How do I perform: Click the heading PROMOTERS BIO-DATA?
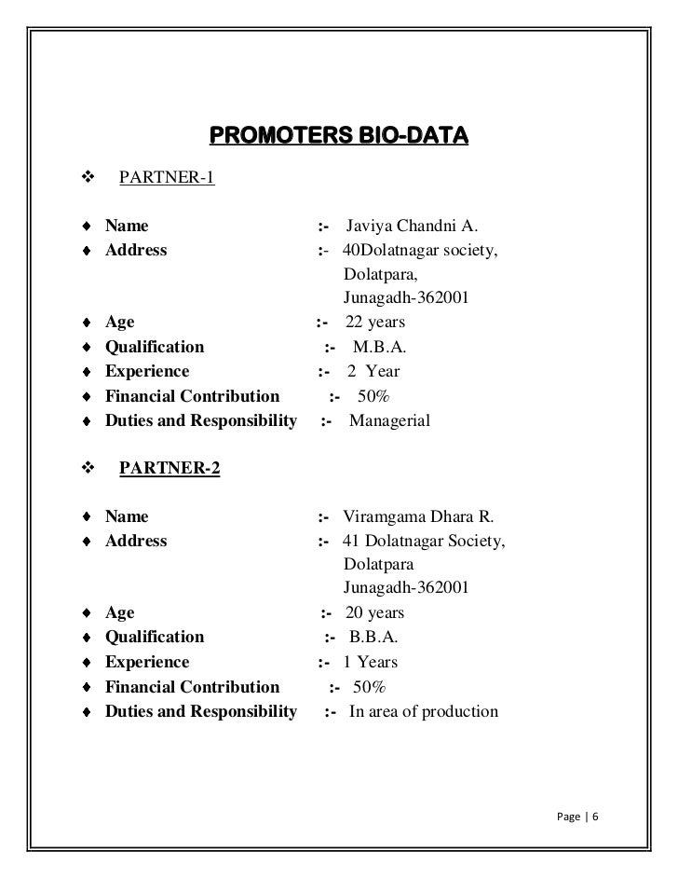click(x=338, y=138)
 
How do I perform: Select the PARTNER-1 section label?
click(x=167, y=177)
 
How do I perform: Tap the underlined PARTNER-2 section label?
click(x=169, y=469)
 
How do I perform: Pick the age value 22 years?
click(x=375, y=323)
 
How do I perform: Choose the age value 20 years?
click(x=374, y=613)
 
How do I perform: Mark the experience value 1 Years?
click(x=371, y=662)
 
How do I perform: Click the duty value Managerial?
click(x=390, y=421)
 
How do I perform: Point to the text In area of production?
click(x=424, y=712)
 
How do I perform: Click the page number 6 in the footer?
click(x=595, y=817)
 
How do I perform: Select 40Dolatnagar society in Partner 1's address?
click(x=420, y=250)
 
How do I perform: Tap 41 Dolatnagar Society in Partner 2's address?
click(x=425, y=541)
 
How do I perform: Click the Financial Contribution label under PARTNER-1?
click(x=192, y=396)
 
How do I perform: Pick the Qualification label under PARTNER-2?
click(x=155, y=638)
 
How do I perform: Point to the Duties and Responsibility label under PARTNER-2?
click(x=201, y=712)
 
